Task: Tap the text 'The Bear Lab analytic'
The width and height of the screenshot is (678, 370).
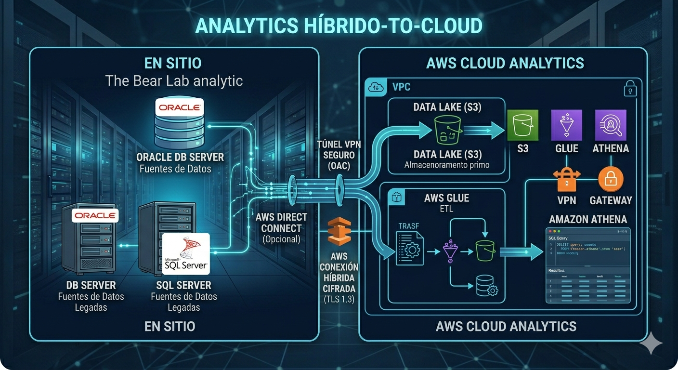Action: pos(174,80)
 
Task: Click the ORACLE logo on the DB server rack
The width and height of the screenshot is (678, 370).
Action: pos(95,215)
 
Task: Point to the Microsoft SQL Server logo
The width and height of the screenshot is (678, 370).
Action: pos(186,253)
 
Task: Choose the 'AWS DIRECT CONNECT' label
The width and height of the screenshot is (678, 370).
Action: pos(282,223)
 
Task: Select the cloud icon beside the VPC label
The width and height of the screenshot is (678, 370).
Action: pos(376,87)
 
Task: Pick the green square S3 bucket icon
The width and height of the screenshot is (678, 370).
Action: pos(522,125)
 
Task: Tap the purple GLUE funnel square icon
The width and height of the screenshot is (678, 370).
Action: pos(567,125)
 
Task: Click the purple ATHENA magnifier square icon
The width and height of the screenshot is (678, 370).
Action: pos(611,125)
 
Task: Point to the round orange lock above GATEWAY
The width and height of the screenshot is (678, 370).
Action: pos(611,180)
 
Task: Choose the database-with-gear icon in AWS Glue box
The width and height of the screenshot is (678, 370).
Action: pos(486,286)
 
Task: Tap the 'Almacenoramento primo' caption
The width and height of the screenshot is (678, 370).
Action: pos(447,165)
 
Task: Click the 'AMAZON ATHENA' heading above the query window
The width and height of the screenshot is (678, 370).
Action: pos(588,219)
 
